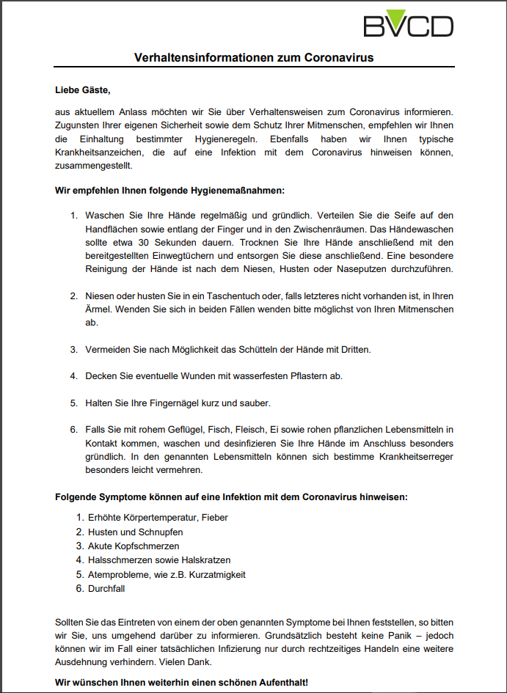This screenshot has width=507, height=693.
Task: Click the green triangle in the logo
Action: click(x=397, y=18)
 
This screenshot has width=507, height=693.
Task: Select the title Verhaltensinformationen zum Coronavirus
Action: click(x=254, y=57)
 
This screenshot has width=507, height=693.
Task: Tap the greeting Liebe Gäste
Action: click(x=82, y=90)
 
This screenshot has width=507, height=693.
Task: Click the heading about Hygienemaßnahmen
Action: click(x=169, y=191)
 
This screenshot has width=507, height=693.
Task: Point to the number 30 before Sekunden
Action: click(x=147, y=242)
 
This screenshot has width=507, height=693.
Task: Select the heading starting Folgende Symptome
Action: click(x=231, y=496)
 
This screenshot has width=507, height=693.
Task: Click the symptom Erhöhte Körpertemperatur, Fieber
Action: click(x=158, y=518)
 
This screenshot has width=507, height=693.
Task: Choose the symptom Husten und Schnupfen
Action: click(x=136, y=532)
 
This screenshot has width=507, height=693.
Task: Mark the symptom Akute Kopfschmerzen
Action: click(x=134, y=546)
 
